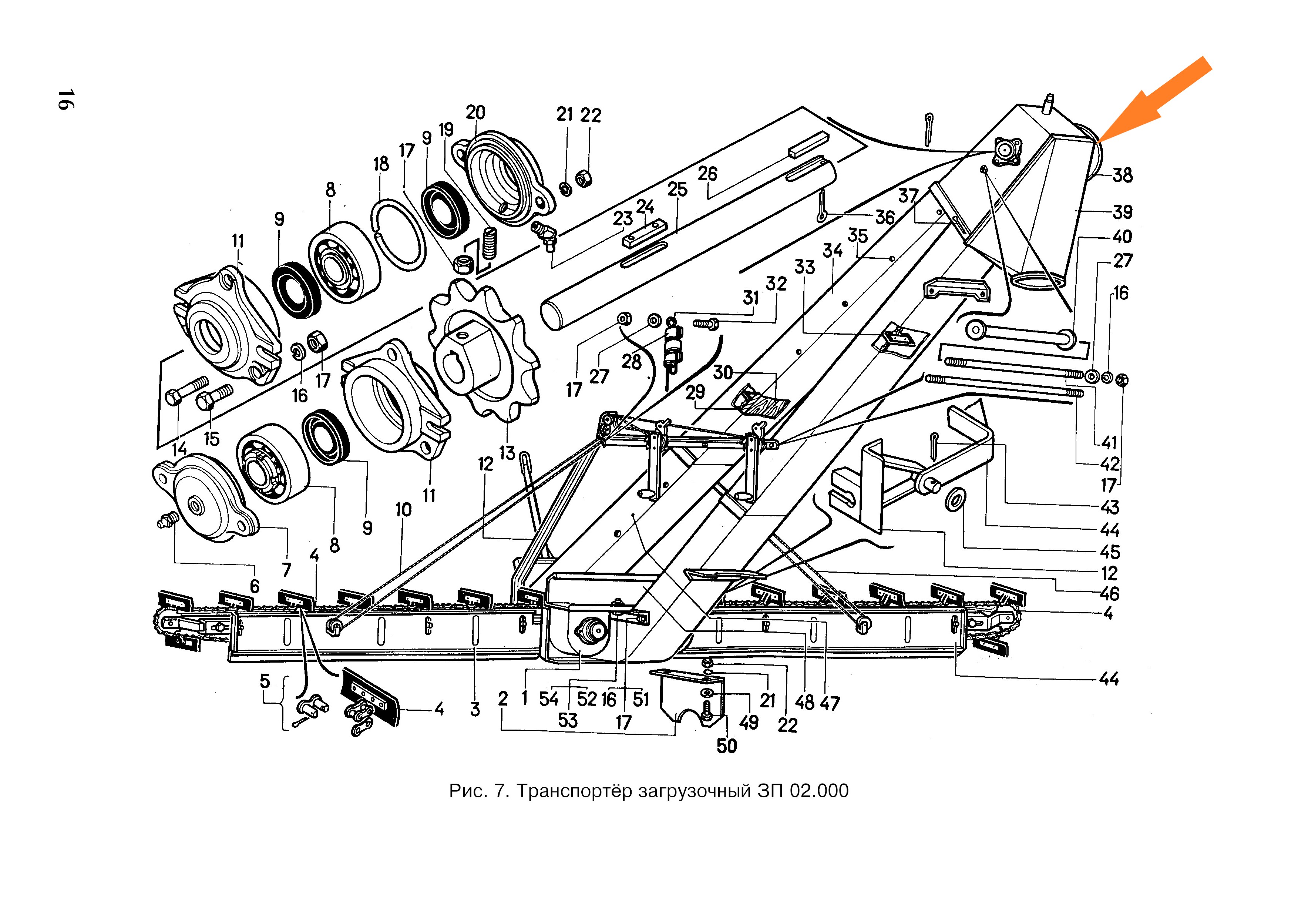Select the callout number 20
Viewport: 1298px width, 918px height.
(475, 113)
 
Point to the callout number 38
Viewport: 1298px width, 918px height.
(1123, 175)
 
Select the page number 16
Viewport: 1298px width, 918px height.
(64, 100)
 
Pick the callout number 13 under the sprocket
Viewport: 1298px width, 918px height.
(507, 452)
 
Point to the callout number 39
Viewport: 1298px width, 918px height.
(1123, 212)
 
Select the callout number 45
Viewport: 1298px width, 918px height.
(1110, 552)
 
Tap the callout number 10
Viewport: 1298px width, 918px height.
(403, 510)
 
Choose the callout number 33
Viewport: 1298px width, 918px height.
(804, 267)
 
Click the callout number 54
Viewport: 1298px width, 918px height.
(548, 699)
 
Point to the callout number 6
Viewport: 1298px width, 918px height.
(255, 586)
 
